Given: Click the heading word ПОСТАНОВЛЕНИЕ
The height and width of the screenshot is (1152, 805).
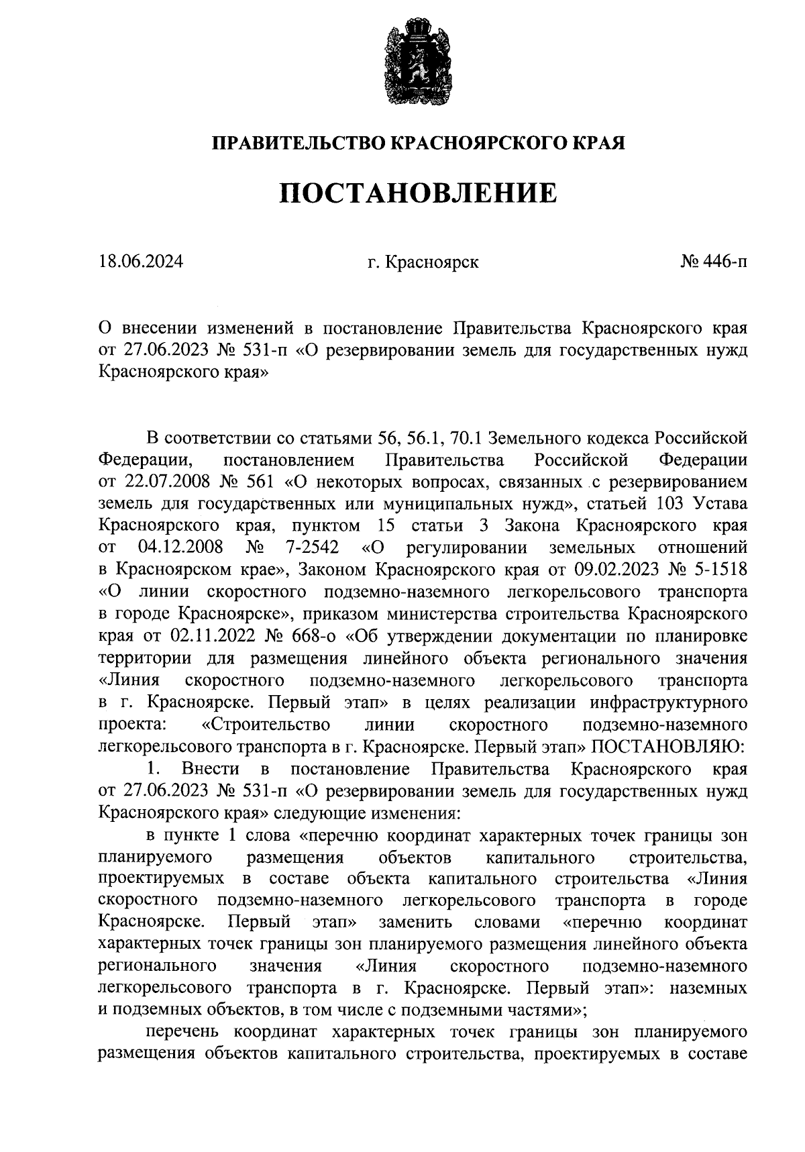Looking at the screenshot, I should pos(418,193).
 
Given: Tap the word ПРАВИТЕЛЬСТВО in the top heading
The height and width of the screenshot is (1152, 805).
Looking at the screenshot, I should pos(299,143).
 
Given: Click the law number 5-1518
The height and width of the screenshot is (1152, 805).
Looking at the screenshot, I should pos(721,570).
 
